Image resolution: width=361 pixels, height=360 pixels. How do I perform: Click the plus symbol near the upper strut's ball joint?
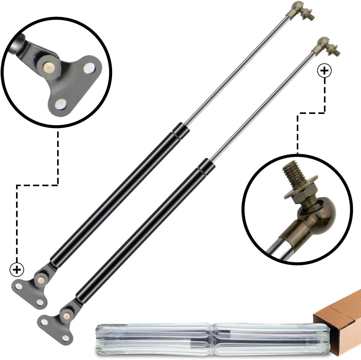pos(324,71)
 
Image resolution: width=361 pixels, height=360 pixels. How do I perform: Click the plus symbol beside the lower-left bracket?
pos(17,270)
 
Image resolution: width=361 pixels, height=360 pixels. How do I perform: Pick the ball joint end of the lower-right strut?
pos(323,44)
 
